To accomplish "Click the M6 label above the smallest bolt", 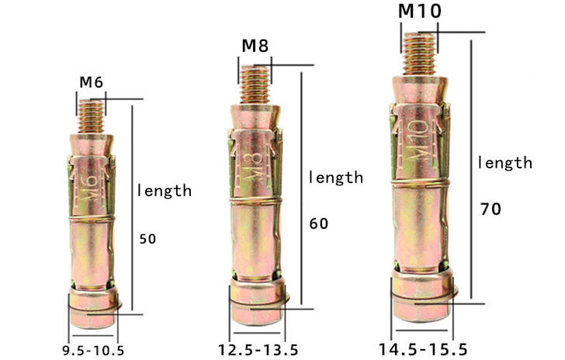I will (x=91, y=81).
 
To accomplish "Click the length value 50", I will (x=147, y=239).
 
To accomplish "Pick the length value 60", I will (x=318, y=224).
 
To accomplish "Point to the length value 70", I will (x=490, y=209).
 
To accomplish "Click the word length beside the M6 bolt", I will (x=164, y=190).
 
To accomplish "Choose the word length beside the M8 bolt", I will (x=335, y=177).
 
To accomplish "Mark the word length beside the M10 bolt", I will (x=504, y=163).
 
